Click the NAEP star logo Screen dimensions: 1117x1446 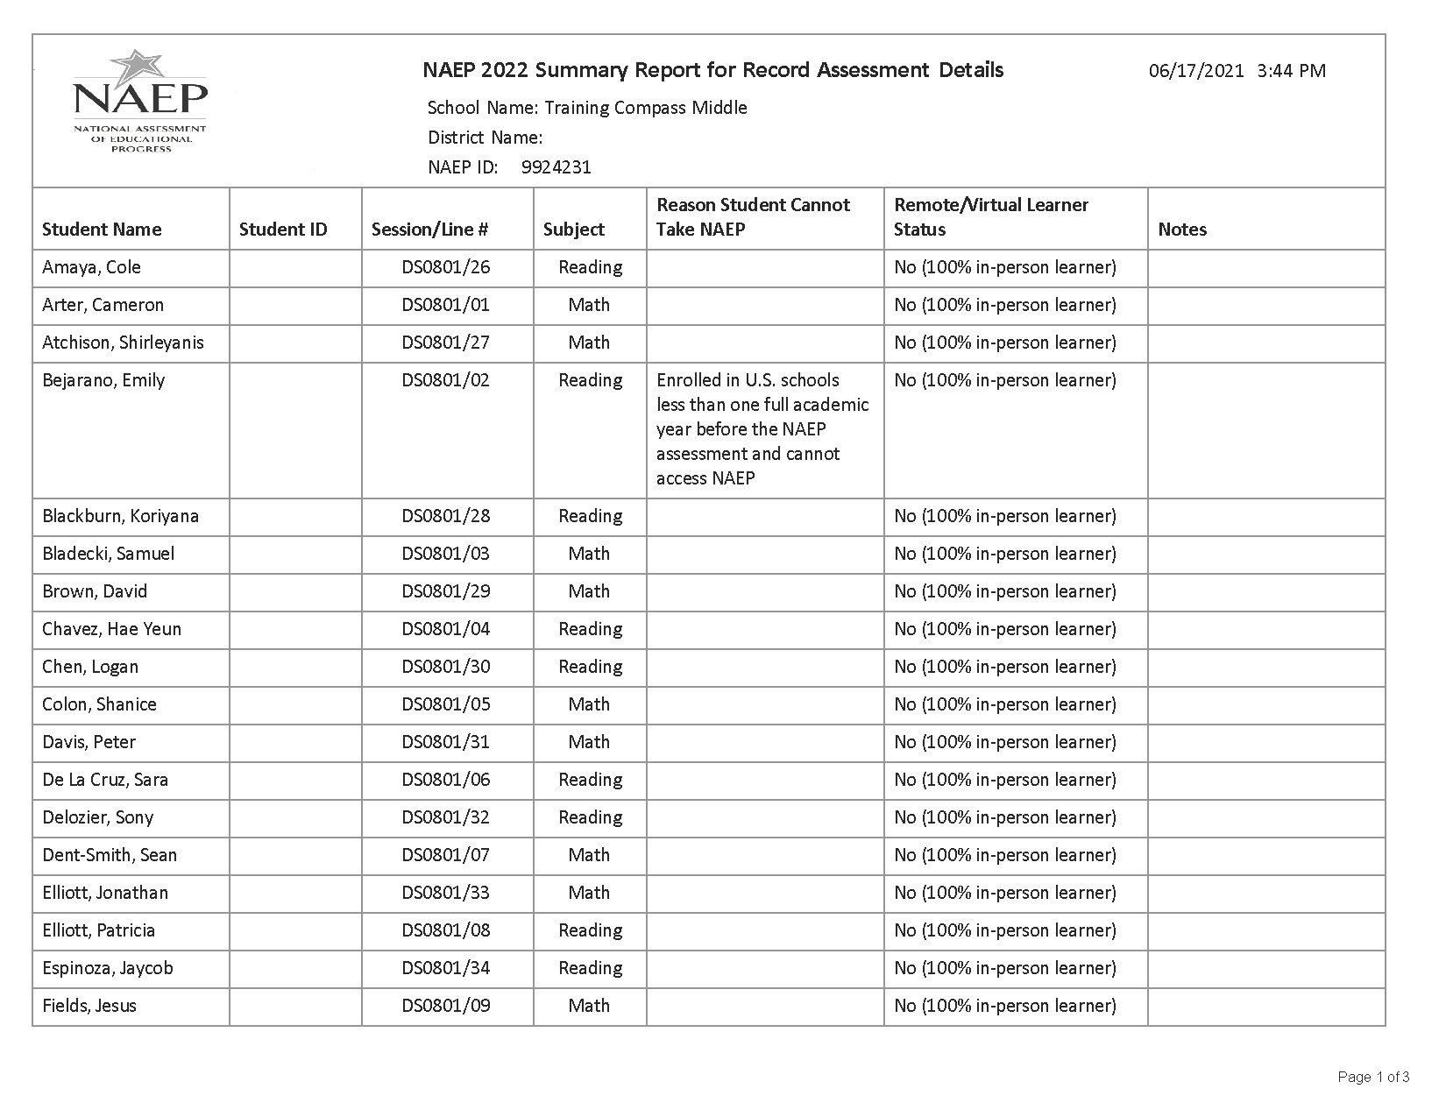pos(140,100)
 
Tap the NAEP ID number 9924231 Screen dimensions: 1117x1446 pos(556,167)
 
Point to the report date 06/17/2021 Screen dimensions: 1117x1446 pos(1196,71)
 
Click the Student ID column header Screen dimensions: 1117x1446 pos(283,230)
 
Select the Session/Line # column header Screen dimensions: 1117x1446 pos(429,230)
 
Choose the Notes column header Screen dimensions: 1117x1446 pos(1182,230)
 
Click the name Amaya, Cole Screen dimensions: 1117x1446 pos(91,267)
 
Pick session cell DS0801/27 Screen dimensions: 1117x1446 pos(446,343)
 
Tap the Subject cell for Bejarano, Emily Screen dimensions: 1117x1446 pos(590,380)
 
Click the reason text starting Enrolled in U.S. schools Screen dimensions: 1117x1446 pos(762,429)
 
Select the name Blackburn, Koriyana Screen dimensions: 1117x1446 pos(120,516)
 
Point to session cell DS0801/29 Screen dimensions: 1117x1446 pos(446,591)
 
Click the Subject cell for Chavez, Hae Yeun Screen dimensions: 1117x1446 pos(590,629)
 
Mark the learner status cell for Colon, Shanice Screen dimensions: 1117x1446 pos(1005,704)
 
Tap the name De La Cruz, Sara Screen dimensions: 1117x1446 pos(105,780)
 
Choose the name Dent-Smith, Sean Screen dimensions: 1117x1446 pos(110,855)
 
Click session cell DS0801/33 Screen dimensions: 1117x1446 pos(446,893)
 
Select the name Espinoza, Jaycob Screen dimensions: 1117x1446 pos(108,968)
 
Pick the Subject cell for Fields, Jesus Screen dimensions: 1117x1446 pos(589,1006)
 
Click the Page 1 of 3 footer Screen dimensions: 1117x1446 pos(1373,1077)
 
